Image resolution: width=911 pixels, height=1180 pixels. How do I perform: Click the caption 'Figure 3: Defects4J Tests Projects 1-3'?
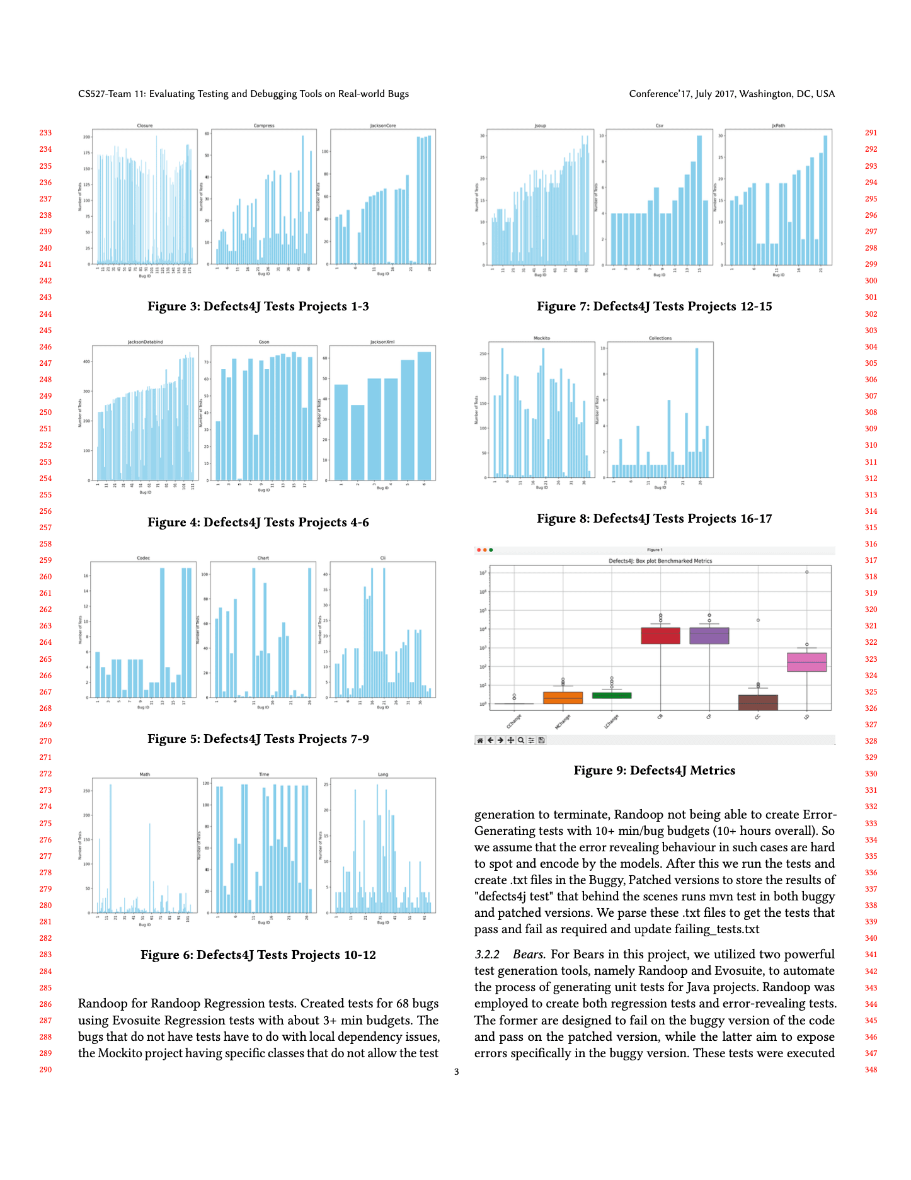(x=258, y=307)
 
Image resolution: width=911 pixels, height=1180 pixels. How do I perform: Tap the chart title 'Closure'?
(x=145, y=126)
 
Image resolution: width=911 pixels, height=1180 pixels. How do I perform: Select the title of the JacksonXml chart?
(x=382, y=342)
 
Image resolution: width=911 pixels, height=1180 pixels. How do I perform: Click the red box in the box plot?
(x=660, y=635)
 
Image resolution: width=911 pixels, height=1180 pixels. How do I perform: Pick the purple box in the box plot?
(x=709, y=635)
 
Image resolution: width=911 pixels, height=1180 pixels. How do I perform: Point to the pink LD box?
(x=806, y=662)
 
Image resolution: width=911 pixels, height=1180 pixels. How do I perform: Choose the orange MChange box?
(x=563, y=698)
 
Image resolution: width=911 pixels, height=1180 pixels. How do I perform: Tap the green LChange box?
(x=611, y=695)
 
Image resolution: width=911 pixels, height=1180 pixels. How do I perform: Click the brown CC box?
(x=758, y=702)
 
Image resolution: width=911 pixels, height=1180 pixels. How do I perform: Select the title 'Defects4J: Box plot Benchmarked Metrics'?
(x=660, y=560)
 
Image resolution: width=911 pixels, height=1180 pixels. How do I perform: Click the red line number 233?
(x=45, y=133)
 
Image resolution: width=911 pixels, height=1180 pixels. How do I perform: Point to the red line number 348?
(x=871, y=1070)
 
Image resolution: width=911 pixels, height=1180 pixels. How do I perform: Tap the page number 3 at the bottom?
(x=456, y=1072)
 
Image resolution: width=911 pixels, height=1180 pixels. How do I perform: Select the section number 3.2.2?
(x=487, y=955)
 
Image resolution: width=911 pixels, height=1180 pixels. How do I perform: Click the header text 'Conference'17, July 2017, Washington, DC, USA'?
(x=731, y=94)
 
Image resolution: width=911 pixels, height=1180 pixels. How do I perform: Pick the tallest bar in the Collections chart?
(x=697, y=412)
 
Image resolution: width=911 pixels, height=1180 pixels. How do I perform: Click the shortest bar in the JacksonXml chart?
(x=357, y=441)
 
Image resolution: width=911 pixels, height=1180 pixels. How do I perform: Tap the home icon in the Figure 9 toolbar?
(x=480, y=740)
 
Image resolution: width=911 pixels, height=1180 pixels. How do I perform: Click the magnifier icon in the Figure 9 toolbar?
(x=521, y=740)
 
